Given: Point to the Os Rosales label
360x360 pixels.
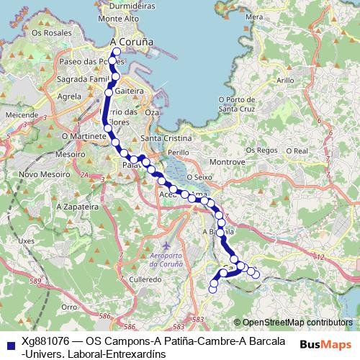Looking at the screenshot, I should (48, 33).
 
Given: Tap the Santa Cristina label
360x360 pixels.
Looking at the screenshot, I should (167, 138).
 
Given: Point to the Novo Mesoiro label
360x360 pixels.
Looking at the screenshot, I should (40, 174).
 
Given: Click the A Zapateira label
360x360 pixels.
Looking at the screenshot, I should (76, 206).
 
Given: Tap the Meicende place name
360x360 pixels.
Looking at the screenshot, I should (21, 114).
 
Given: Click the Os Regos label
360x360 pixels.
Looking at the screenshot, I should (261, 150).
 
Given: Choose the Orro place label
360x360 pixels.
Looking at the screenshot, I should (69, 306).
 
